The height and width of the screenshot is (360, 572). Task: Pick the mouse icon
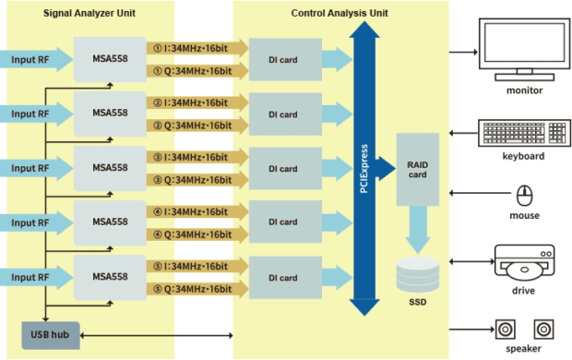tap(525, 195)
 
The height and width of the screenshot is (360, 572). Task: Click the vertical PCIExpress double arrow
tap(365, 166)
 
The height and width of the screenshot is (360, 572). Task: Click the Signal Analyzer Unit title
tap(90, 14)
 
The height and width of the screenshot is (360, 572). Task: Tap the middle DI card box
tap(282, 169)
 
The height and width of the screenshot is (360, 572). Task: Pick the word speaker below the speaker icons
tap(524, 349)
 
